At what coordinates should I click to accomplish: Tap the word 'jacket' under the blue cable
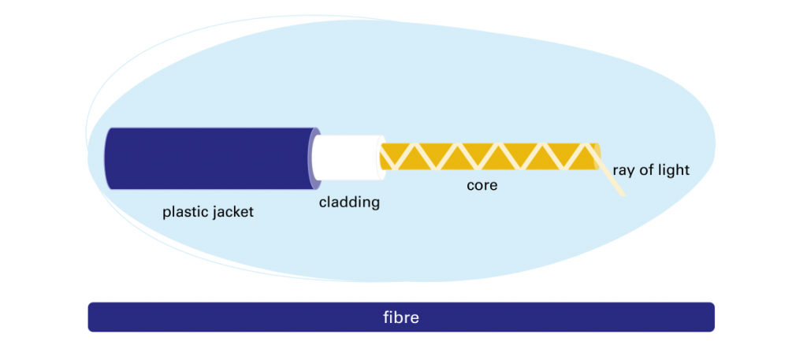tap(232, 213)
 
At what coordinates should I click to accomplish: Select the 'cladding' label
tap(349, 202)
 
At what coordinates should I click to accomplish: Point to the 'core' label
tap(482, 186)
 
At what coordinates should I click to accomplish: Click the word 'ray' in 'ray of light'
tap(624, 170)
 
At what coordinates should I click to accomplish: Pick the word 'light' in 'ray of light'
tap(672, 170)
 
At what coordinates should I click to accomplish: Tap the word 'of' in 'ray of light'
tap(645, 170)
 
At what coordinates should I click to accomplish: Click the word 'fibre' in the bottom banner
tap(400, 318)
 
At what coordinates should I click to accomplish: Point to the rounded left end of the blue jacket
tap(107, 158)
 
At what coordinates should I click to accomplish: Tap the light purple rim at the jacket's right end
tap(314, 158)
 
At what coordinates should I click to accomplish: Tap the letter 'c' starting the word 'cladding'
tap(322, 203)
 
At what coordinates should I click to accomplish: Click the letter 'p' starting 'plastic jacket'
tap(166, 213)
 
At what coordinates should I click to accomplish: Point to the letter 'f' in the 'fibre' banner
tap(385, 318)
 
